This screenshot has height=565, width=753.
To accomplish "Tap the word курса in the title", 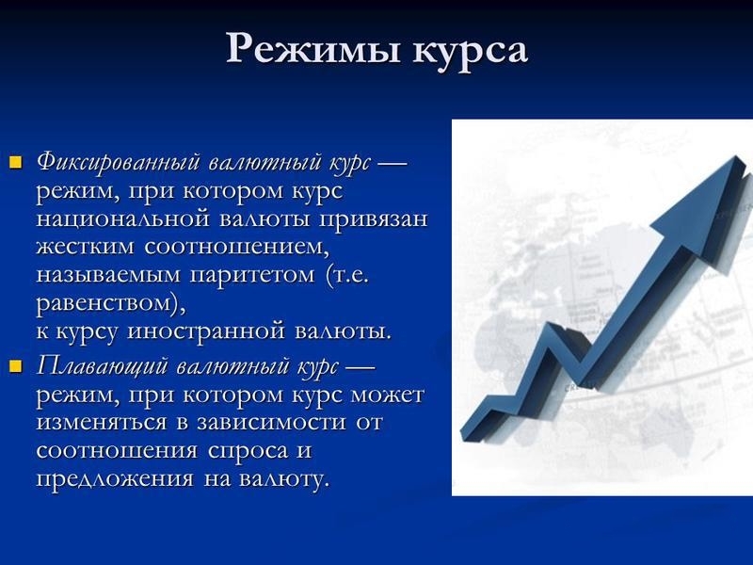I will coord(467,49).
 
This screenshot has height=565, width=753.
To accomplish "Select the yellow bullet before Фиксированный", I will coord(15,162).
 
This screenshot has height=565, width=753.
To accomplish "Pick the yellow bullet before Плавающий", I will coord(15,365).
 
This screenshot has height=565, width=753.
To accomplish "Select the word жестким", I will coord(87,248).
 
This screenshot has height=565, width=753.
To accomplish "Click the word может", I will coord(388,394).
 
